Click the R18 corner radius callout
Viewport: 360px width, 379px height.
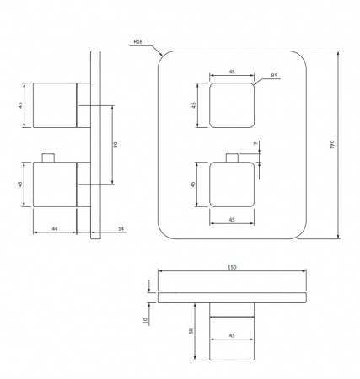[x=138, y=41]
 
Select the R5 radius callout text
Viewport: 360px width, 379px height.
[x=274, y=75]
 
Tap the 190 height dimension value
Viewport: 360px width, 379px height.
[x=332, y=144]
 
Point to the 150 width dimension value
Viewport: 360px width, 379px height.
[x=232, y=267]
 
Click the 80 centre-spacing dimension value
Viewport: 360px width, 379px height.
[x=116, y=145]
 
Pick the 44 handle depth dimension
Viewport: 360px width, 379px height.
[x=55, y=229]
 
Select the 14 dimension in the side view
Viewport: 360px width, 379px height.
[x=121, y=229]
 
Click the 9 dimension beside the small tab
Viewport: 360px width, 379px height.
[x=255, y=143]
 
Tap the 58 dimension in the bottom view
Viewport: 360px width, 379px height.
[x=191, y=331]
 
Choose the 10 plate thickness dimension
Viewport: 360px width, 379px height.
[x=145, y=321]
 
